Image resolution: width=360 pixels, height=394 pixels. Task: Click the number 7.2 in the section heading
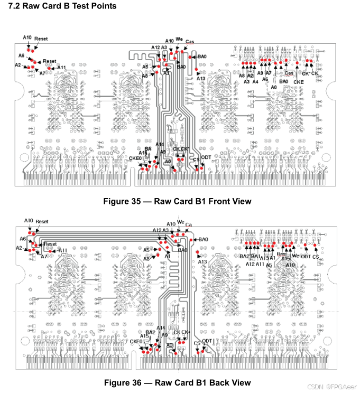pyautogui.click(x=12, y=6)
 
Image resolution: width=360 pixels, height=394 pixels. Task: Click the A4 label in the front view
pyautogui.click(x=256, y=82)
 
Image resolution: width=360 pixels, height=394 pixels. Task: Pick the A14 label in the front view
pyautogui.click(x=160, y=145)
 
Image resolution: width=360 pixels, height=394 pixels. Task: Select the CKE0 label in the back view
pyautogui.click(x=136, y=342)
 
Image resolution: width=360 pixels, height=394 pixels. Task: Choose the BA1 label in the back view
pyautogui.click(x=256, y=256)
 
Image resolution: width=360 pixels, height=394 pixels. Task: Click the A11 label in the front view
pyautogui.click(x=61, y=68)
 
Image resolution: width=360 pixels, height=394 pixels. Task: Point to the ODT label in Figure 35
pyautogui.click(x=207, y=157)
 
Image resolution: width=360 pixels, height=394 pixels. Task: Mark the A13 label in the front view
pyautogui.click(x=201, y=79)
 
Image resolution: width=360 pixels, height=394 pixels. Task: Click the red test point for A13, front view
pyautogui.click(x=196, y=69)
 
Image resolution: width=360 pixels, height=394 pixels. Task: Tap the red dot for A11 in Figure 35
pyautogui.click(x=50, y=68)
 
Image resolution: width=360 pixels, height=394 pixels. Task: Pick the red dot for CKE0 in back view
pyautogui.click(x=142, y=351)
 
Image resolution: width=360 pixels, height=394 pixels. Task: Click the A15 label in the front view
pyautogui.click(x=143, y=154)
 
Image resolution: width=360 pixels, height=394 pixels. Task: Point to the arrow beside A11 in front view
pyautogui.click(x=54, y=68)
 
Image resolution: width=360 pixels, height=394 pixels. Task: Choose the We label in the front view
pyautogui.click(x=179, y=39)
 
